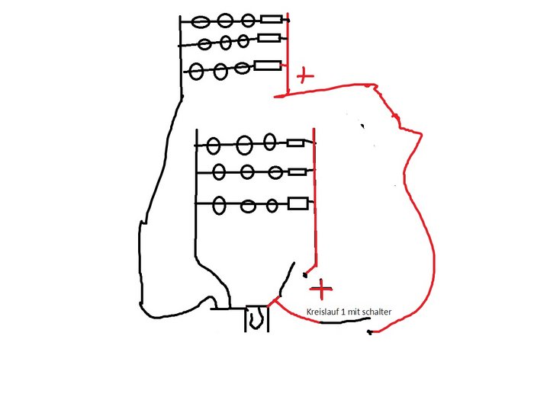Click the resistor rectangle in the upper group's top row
pyautogui.click(x=271, y=20)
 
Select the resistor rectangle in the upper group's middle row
pyautogui.click(x=269, y=38)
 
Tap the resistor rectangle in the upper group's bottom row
pyautogui.click(x=267, y=66)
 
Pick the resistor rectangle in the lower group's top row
pyautogui.click(x=295, y=142)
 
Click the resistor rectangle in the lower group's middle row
pyautogui.click(x=298, y=172)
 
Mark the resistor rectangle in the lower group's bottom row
pyautogui.click(x=298, y=203)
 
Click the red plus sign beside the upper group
pyautogui.click(x=304, y=75)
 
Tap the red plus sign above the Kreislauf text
pyautogui.click(x=322, y=289)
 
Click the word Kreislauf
pyautogui.click(x=321, y=312)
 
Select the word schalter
pyautogui.click(x=374, y=312)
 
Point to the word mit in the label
pyautogui.click(x=352, y=312)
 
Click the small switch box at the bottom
pyautogui.click(x=257, y=319)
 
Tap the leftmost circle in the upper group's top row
pyautogui.click(x=201, y=21)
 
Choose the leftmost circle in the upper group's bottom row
pyautogui.click(x=197, y=72)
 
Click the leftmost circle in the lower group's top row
pyautogui.click(x=214, y=145)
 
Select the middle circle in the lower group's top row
pyautogui.click(x=244, y=143)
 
